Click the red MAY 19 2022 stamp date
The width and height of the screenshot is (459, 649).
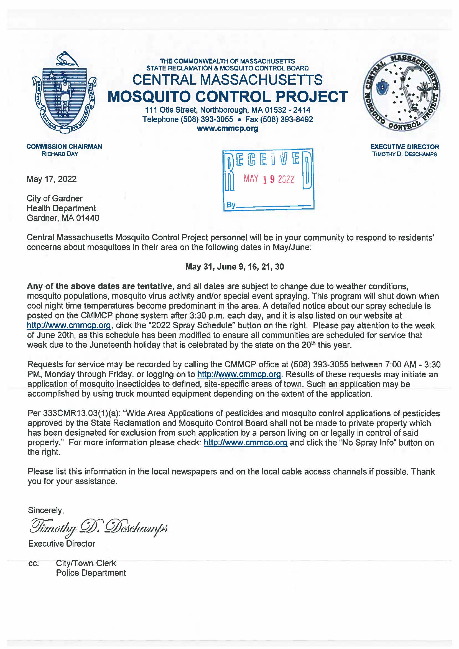[269, 179]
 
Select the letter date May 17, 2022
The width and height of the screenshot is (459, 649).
[52, 179]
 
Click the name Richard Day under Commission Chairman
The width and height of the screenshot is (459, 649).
[60, 154]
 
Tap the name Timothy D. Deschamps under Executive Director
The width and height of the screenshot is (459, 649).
[404, 155]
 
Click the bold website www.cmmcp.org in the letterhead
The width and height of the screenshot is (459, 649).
[227, 129]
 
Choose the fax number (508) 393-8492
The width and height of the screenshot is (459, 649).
[293, 119]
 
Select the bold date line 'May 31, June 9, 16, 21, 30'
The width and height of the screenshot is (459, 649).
[234, 267]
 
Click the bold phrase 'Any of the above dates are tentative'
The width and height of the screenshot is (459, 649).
[100, 286]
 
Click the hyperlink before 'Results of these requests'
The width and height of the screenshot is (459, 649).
[239, 374]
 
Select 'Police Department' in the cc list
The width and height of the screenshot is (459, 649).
[91, 573]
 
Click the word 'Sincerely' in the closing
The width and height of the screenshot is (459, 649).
[46, 510]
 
